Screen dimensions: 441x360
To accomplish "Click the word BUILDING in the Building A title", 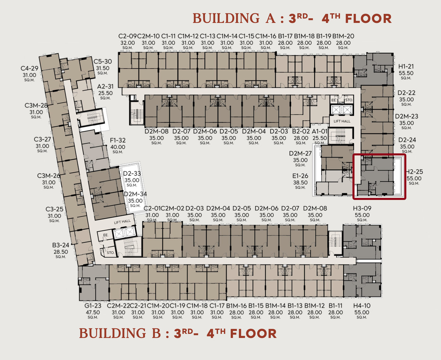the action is pyautogui.click(x=226, y=18).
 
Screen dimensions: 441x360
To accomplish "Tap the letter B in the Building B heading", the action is pyautogui.click(x=156, y=333).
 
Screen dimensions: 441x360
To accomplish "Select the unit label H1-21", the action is pyautogui.click(x=406, y=66).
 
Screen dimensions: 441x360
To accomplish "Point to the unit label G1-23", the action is pyautogui.click(x=93, y=306).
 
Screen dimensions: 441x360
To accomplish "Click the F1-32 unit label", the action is pyautogui.click(x=118, y=140).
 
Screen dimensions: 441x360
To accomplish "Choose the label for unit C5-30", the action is pyautogui.click(x=103, y=61).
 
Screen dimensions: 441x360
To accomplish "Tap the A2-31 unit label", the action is pyautogui.click(x=105, y=86).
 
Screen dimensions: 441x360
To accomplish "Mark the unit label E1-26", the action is pyautogui.click(x=300, y=176).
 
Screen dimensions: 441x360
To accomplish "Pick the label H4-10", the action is pyautogui.click(x=362, y=306).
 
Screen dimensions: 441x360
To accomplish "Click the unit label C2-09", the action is pyautogui.click(x=128, y=36).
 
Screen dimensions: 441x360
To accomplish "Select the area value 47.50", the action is pyautogui.click(x=93, y=312).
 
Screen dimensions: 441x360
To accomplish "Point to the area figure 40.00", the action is pyautogui.click(x=118, y=147).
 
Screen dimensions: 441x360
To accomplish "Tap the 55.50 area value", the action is pyautogui.click(x=406, y=73).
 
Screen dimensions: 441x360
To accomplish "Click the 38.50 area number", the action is pyautogui.click(x=300, y=183).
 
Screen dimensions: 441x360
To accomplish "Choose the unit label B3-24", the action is pyautogui.click(x=61, y=245).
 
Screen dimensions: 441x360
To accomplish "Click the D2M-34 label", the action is pyautogui.click(x=135, y=194).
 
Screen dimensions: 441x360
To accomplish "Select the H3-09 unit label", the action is pyautogui.click(x=362, y=208).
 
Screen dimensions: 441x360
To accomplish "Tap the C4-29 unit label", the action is pyautogui.click(x=29, y=68).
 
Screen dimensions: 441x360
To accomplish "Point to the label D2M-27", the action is pyautogui.click(x=300, y=154).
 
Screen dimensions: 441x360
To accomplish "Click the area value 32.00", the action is pyautogui.click(x=128, y=43).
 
